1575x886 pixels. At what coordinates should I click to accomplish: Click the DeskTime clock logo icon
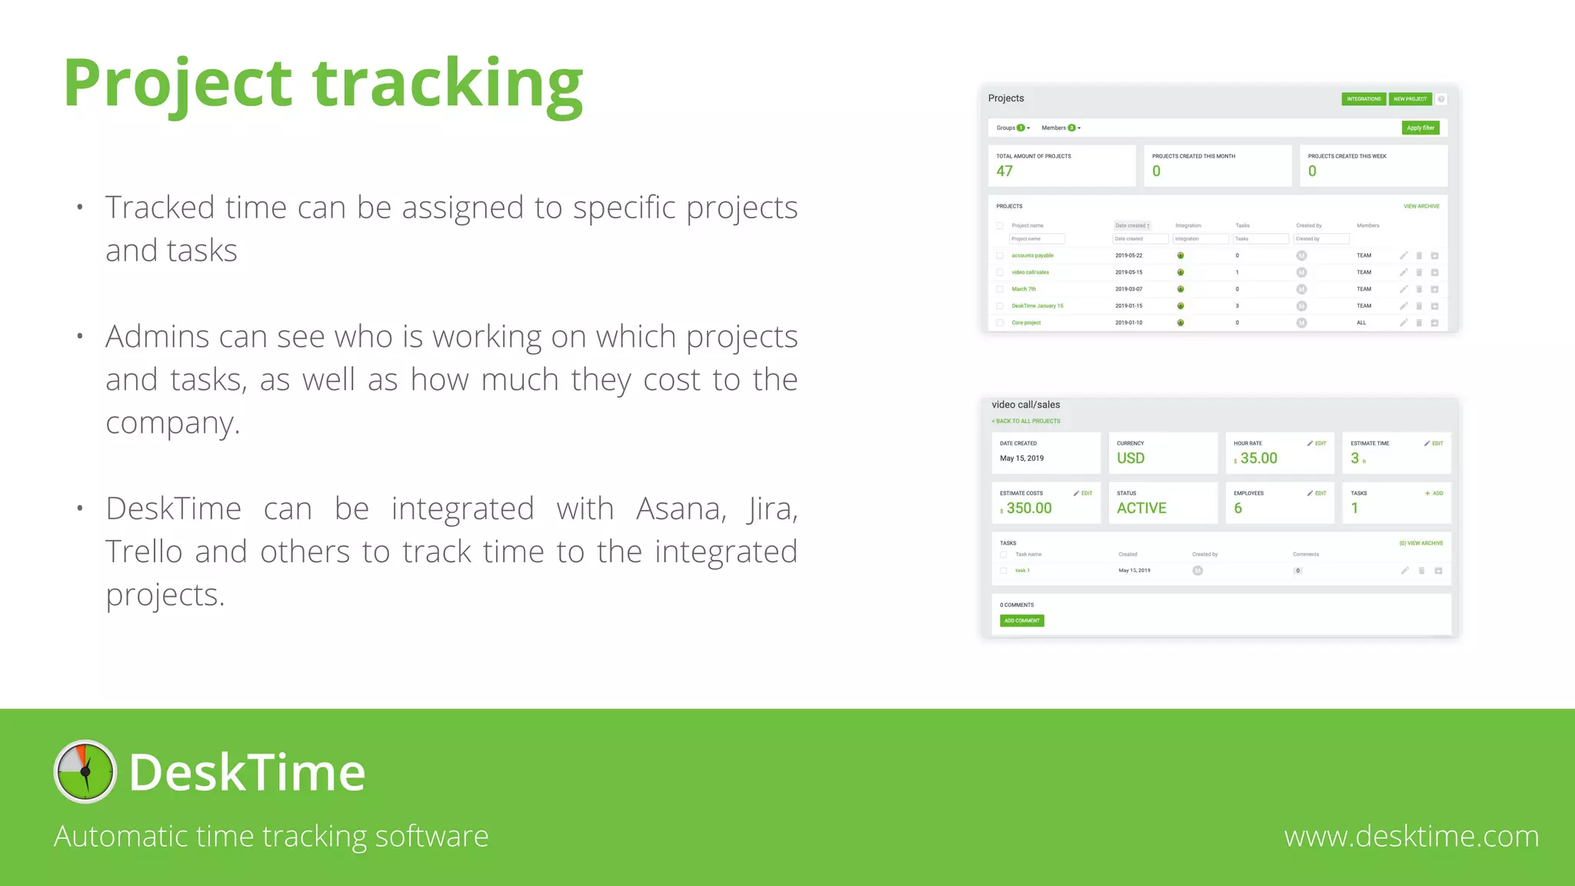(x=85, y=771)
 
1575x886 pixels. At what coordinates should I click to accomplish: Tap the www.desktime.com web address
(x=1411, y=836)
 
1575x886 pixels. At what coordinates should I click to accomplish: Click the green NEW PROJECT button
(x=1410, y=99)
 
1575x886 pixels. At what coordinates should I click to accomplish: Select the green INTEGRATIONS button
(x=1364, y=99)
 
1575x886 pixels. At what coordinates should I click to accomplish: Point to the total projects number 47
(x=1004, y=172)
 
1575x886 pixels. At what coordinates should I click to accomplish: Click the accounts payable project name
(x=1032, y=255)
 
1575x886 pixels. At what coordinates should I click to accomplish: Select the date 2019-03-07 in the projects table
(x=1128, y=289)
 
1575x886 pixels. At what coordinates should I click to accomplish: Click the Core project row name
(x=1026, y=323)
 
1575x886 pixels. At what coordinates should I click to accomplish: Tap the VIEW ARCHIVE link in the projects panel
(x=1421, y=206)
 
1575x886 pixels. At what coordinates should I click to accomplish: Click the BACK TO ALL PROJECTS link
(x=1026, y=421)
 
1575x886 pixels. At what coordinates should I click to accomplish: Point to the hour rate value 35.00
(x=1258, y=458)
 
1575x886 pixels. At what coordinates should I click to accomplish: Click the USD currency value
(x=1130, y=458)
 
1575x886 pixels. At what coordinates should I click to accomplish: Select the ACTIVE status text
(x=1141, y=508)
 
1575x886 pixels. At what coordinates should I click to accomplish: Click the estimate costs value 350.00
(x=1029, y=508)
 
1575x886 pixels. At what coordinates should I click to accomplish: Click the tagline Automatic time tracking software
(x=271, y=836)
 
